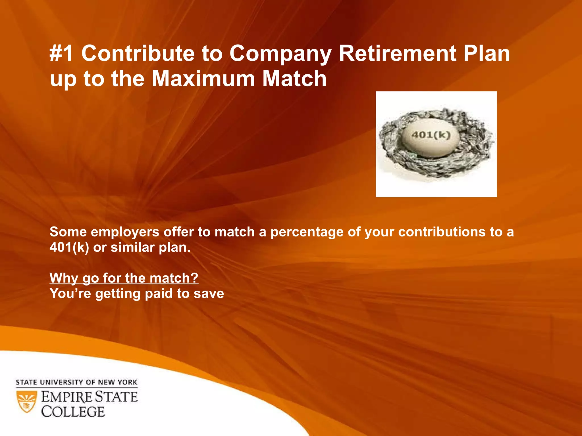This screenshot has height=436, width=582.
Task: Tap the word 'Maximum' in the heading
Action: (x=203, y=79)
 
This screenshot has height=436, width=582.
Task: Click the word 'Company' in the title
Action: (x=280, y=54)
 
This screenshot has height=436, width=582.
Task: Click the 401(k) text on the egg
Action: (x=431, y=135)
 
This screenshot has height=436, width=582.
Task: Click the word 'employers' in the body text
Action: (x=125, y=232)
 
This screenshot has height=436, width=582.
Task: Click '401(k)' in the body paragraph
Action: (x=69, y=248)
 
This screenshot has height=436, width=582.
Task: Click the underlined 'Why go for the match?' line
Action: (x=124, y=278)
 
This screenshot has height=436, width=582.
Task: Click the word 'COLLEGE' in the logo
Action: (x=73, y=412)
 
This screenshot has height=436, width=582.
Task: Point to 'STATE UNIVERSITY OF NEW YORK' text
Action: (x=76, y=382)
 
